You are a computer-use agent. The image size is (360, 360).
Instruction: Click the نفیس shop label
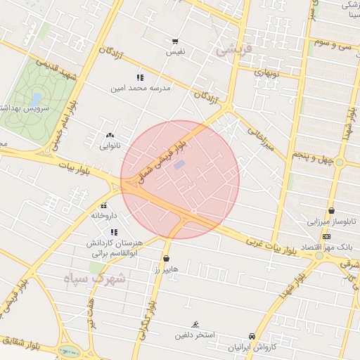point(174,52)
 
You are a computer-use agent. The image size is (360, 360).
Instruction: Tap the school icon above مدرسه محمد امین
point(139,77)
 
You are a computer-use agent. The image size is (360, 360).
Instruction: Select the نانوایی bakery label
point(109,146)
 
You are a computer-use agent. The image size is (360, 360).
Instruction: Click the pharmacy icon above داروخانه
point(104,205)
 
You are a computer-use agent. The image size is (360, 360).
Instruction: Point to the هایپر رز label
point(167,269)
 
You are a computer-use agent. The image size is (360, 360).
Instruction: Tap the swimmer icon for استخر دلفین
point(195,325)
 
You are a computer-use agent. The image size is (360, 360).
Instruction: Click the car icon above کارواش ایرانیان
point(252,337)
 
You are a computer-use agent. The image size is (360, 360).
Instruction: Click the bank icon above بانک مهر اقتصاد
point(326,236)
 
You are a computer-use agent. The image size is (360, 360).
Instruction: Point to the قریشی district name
point(233,50)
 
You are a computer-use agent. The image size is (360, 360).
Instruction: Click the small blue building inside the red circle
point(180,165)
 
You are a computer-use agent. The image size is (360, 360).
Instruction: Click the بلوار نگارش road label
point(145,320)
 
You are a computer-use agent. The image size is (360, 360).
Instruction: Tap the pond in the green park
point(35,98)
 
